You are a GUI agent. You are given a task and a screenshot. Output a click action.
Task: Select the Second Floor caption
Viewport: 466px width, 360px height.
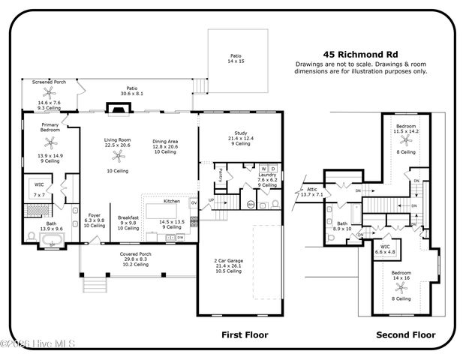pos(406,334)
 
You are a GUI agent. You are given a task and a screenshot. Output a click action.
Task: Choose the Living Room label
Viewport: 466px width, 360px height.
pos(117,140)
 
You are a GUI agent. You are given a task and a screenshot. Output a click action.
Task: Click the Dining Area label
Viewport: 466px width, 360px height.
pos(164,140)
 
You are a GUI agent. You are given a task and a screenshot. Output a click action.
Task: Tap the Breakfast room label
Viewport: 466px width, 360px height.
pos(128,217)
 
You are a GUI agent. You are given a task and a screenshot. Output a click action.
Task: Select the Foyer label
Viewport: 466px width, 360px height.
pos(95,215)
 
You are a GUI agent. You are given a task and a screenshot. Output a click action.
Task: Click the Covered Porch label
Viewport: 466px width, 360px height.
pos(135,254)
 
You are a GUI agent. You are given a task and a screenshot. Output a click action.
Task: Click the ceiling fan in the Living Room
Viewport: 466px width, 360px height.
pos(116,156)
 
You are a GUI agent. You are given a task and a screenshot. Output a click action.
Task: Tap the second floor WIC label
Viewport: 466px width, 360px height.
pos(386,246)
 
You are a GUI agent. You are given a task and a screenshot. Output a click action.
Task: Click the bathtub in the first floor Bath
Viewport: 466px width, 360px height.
pos(53,241)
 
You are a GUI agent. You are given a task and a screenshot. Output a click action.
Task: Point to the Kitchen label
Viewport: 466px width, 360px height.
pos(172,201)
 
